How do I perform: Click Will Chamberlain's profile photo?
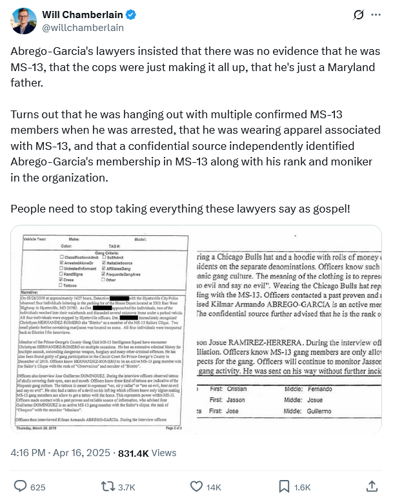(23, 21)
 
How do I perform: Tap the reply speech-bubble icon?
(21, 486)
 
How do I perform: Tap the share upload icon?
(372, 486)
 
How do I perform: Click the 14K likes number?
(214, 486)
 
